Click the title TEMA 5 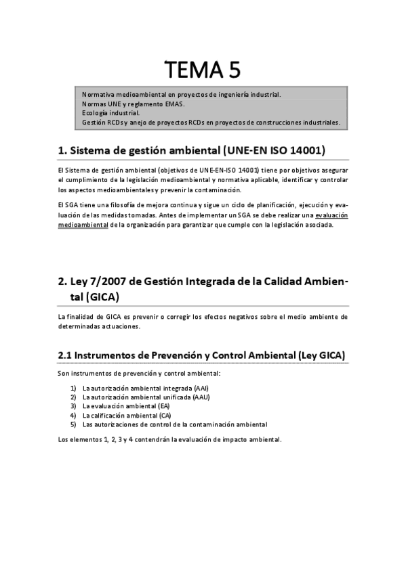coord(203,69)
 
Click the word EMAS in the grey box coord(175,104)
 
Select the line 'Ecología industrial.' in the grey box coord(110,113)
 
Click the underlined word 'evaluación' coord(331,215)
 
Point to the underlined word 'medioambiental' coord(83,224)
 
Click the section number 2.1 coord(65,355)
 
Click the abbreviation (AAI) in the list coord(201,388)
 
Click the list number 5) coord(73,424)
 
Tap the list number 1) coord(73,388)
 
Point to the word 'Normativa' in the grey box coord(98,95)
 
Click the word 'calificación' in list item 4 coord(109,415)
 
